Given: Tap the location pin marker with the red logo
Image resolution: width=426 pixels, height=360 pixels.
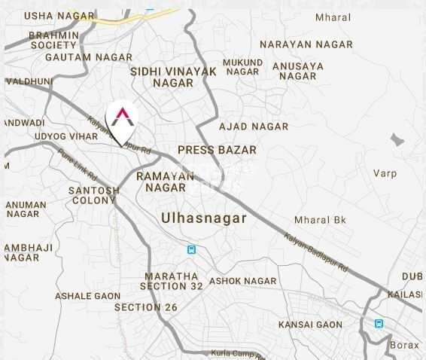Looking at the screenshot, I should click(121, 119).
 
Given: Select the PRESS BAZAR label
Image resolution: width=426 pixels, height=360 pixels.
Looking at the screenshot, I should click(217, 150).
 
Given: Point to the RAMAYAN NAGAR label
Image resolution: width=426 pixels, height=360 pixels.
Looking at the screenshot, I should click(166, 181).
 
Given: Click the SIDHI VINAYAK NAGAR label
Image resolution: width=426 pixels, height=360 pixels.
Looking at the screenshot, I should click(173, 77).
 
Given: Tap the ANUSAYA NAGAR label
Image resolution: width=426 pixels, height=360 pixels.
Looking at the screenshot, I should click(298, 71).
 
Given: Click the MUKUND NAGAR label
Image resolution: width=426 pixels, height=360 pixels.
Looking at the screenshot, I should click(243, 66).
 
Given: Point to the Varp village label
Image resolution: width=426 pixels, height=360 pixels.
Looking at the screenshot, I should click(385, 173).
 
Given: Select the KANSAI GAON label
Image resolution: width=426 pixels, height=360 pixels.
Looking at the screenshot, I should click(309, 325).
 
